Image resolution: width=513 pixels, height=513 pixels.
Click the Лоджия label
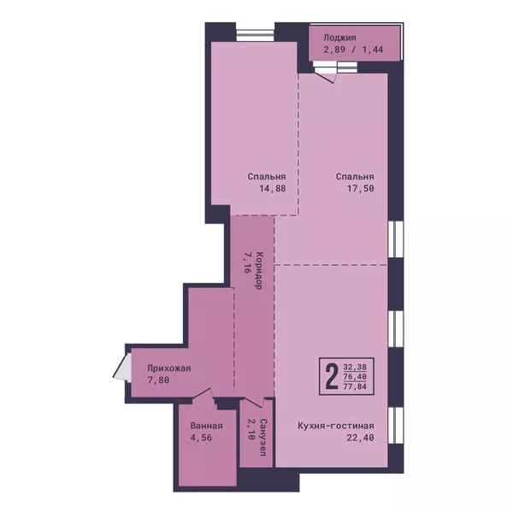(x=339, y=38)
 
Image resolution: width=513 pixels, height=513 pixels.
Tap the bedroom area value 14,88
(x=273, y=188)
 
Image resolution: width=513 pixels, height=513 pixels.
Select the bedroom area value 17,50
(x=361, y=188)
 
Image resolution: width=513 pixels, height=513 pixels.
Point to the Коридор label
(x=259, y=270)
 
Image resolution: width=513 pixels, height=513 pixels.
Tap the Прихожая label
(x=168, y=368)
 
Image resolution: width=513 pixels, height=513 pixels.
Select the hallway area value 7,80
(x=158, y=380)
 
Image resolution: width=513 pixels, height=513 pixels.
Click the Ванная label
(x=206, y=426)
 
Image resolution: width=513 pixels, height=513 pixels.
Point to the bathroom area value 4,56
(x=201, y=438)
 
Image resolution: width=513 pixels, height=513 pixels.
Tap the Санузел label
(x=263, y=437)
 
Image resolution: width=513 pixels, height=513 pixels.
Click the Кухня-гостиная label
(x=336, y=426)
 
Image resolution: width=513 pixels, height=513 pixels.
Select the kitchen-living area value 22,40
(x=361, y=438)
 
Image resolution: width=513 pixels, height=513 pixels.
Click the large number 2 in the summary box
(x=332, y=376)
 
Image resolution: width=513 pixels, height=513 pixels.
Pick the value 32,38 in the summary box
(x=355, y=367)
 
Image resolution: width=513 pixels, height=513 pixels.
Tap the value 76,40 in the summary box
(x=355, y=376)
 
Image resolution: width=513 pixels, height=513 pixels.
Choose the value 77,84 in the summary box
(x=355, y=386)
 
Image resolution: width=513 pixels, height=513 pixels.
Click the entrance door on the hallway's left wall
(x=121, y=367)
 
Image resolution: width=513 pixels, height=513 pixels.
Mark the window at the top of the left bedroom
(x=255, y=36)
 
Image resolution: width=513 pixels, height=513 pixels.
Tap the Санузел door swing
(x=255, y=403)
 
